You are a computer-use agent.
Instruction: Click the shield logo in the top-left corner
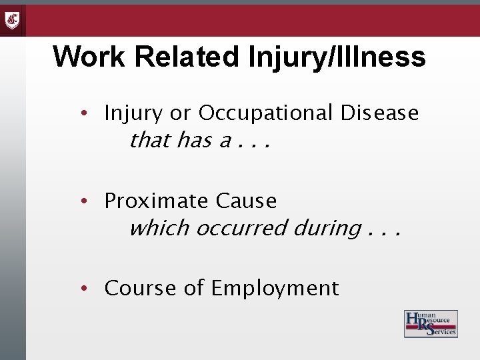point(13,20)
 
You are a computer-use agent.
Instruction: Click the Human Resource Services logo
point(430,324)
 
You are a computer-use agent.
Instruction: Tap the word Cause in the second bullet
point(246,200)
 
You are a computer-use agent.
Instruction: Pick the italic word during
point(327,229)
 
